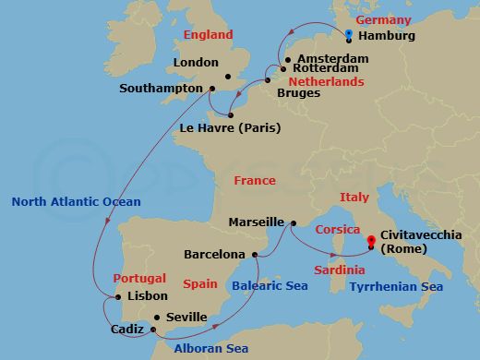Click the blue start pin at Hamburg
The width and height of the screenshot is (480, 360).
pyautogui.click(x=349, y=36)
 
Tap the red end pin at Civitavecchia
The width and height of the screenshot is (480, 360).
pyautogui.click(x=371, y=243)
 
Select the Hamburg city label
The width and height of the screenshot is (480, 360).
pyautogui.click(x=385, y=37)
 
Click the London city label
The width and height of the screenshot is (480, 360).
pyautogui.click(x=196, y=63)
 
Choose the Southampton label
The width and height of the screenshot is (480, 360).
pyautogui.click(x=161, y=89)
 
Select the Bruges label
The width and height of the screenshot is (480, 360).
pyautogui.click(x=299, y=93)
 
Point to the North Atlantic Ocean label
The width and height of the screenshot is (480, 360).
pyautogui.click(x=76, y=202)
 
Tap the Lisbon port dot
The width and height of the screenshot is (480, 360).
pyautogui.click(x=118, y=296)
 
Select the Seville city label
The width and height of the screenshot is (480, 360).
pyautogui.click(x=186, y=317)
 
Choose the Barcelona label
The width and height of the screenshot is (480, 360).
pyautogui.click(x=214, y=254)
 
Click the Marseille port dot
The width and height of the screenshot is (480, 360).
pyautogui.click(x=292, y=222)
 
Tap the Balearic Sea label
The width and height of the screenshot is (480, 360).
pyautogui.click(x=270, y=286)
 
